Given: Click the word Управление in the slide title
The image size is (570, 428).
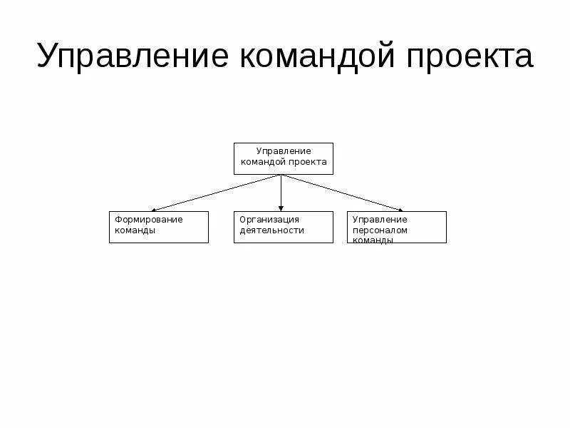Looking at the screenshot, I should (x=128, y=56).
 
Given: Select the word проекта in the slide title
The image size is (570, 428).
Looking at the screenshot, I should (x=469, y=56).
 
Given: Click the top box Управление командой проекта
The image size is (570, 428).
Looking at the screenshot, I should (x=284, y=158).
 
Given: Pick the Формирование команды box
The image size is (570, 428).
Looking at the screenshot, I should (x=159, y=227).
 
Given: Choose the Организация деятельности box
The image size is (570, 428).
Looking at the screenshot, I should (x=284, y=227).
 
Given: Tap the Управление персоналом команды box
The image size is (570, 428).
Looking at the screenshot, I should (x=397, y=227).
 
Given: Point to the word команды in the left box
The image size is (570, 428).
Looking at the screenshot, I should (x=135, y=230).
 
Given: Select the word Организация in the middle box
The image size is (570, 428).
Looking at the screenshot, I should (x=269, y=220).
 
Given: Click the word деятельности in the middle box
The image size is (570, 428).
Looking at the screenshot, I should (x=272, y=230).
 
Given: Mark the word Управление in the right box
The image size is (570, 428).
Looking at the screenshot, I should (x=380, y=220).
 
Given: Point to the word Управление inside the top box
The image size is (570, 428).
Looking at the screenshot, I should (x=284, y=151).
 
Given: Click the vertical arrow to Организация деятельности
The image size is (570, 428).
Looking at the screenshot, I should (x=281, y=191).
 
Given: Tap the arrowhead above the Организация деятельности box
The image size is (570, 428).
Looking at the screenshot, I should (x=281, y=208).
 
